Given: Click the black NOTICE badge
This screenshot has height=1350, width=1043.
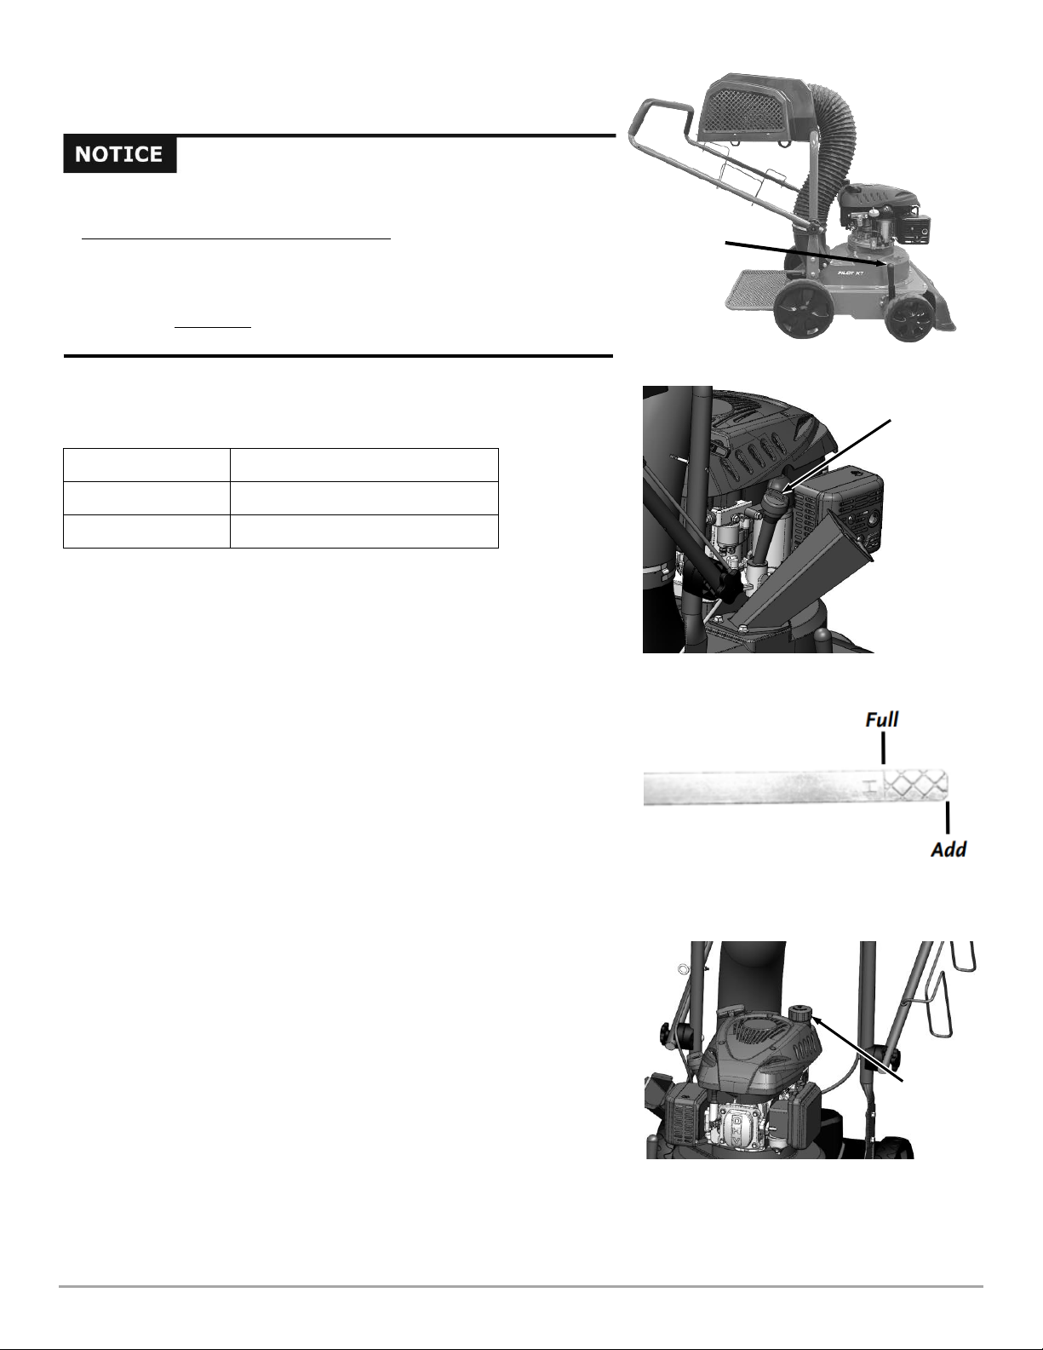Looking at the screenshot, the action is (120, 154).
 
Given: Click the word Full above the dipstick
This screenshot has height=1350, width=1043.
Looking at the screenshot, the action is (881, 720).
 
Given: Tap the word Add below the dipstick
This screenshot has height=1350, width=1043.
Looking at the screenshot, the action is (948, 848).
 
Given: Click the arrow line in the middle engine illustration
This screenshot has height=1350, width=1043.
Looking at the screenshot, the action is (838, 457).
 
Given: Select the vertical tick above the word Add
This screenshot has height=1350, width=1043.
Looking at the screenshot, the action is (948, 818).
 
